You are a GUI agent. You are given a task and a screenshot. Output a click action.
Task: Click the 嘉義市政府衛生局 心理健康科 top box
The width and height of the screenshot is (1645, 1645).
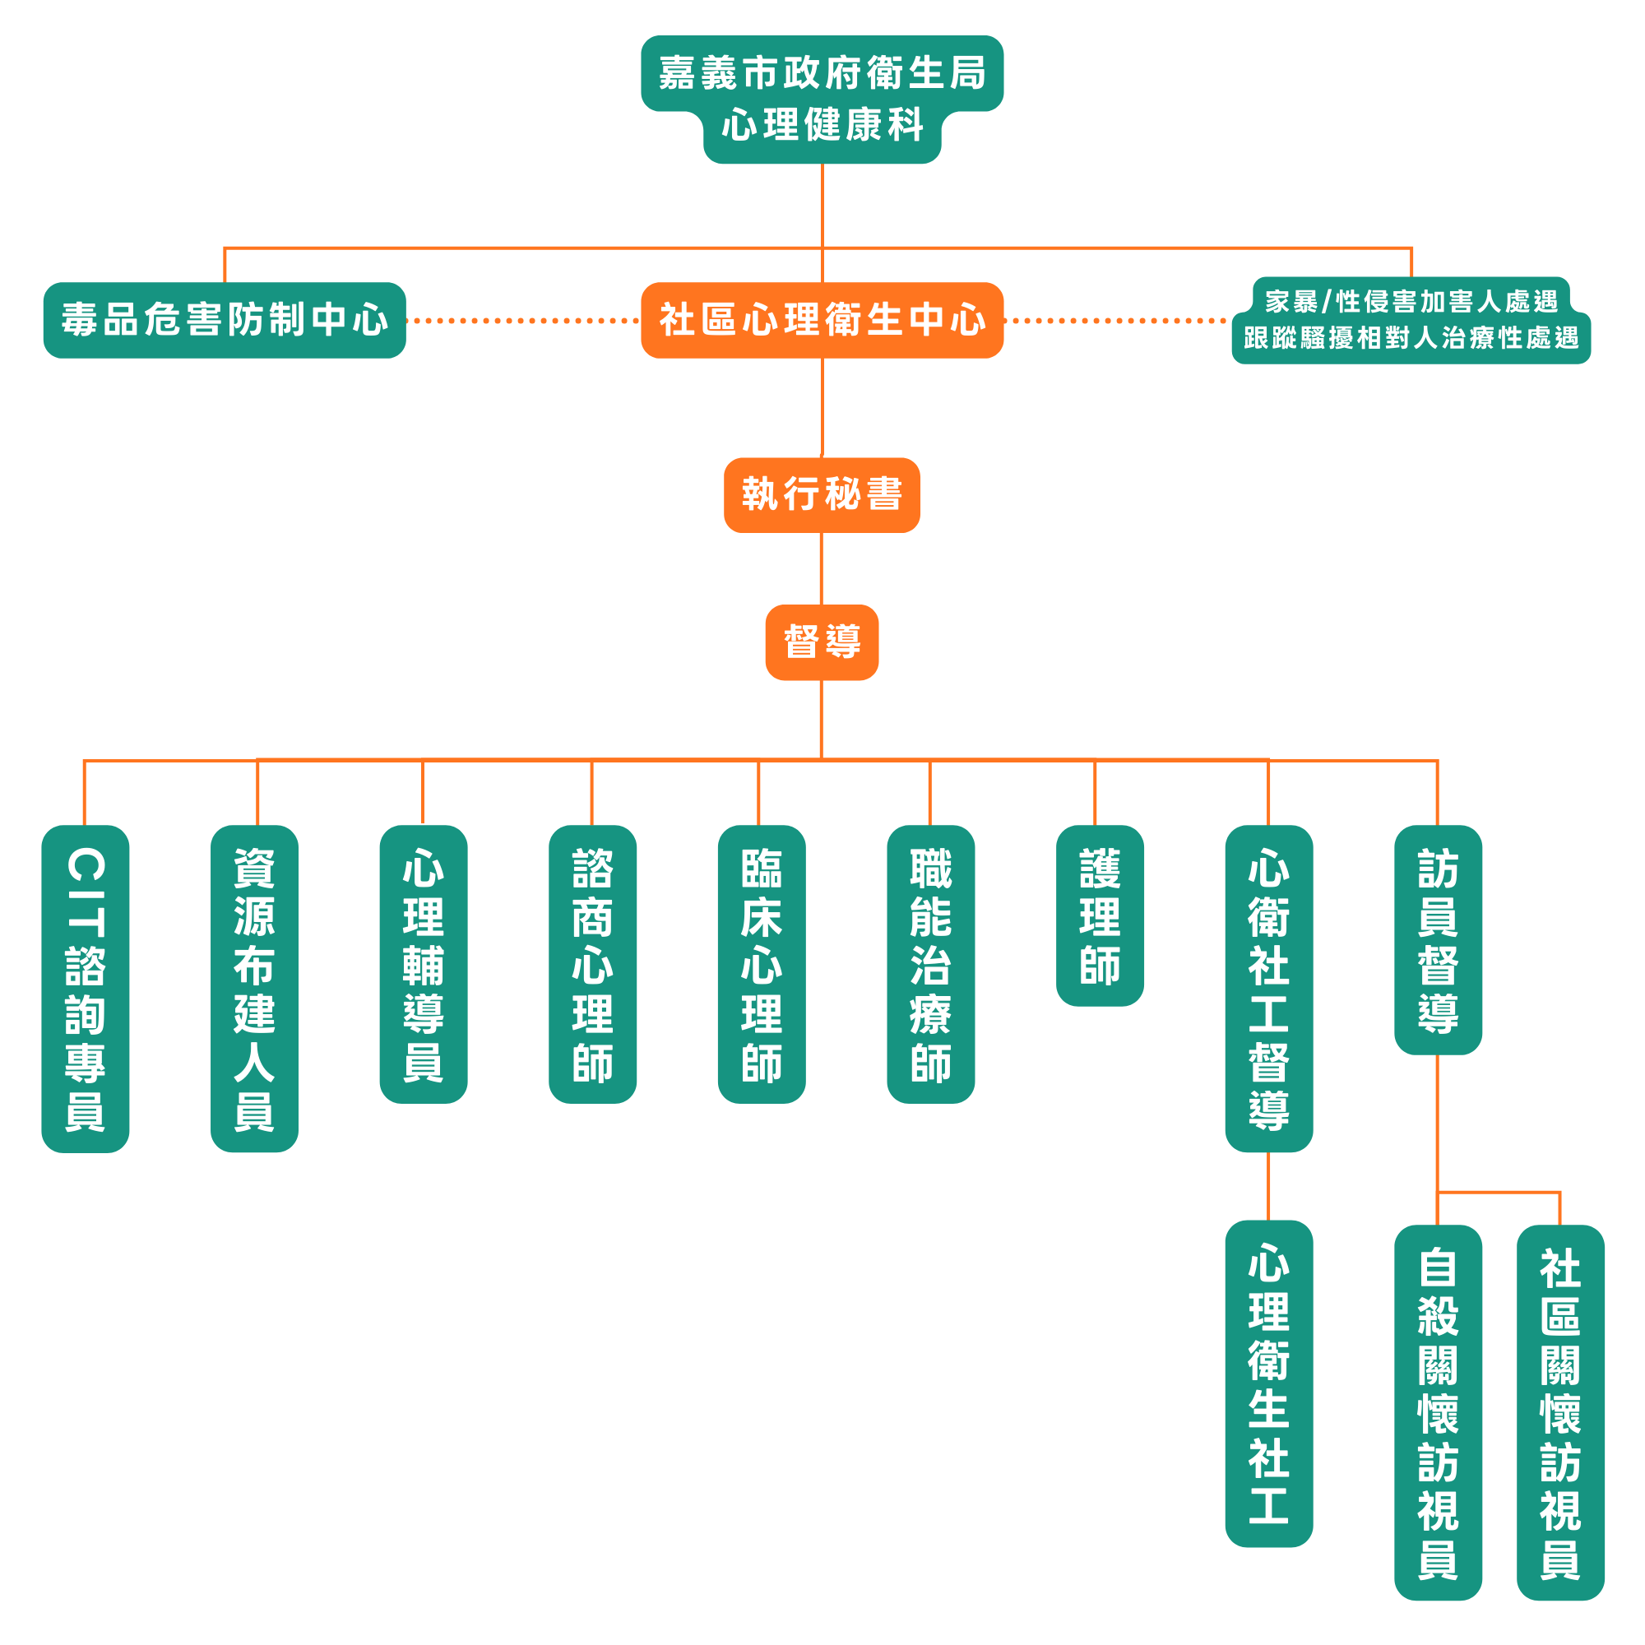click(822, 98)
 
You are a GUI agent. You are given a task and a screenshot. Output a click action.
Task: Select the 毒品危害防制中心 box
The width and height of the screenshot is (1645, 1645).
click(225, 320)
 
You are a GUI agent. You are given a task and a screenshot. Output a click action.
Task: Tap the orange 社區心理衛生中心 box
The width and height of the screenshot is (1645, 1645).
click(822, 320)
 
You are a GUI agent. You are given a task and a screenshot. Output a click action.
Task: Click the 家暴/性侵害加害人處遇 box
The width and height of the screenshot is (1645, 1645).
click(1411, 320)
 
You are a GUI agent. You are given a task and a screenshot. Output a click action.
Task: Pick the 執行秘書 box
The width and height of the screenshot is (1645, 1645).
click(822, 494)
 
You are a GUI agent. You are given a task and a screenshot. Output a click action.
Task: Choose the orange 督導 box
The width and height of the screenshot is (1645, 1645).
click(822, 642)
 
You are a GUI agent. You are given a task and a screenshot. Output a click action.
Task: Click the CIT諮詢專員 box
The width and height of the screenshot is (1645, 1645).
click(86, 988)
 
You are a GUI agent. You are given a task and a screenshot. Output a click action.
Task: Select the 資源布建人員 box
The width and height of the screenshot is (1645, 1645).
click(255, 988)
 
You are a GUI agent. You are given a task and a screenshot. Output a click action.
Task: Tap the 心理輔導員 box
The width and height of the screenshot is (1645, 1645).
click(423, 964)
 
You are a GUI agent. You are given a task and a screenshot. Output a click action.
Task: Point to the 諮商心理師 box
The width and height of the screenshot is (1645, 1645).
click(592, 964)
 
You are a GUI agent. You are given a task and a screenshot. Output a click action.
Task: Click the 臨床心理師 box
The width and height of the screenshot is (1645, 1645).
click(761, 964)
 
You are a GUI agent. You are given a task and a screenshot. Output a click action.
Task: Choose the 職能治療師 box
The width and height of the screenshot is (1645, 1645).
click(930, 964)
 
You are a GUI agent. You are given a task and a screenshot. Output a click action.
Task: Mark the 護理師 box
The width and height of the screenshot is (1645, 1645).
click(1099, 915)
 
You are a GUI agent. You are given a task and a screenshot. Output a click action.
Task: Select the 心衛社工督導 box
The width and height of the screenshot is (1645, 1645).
click(1268, 988)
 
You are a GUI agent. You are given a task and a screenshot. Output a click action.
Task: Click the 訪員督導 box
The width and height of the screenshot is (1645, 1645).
click(1438, 939)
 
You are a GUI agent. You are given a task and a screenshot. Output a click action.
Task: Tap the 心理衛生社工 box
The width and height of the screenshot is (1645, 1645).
click(1268, 1383)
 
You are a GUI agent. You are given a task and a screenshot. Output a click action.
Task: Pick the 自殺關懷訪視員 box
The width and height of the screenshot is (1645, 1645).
click(1438, 1411)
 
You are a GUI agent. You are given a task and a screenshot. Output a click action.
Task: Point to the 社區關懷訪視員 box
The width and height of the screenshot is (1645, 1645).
click(1559, 1411)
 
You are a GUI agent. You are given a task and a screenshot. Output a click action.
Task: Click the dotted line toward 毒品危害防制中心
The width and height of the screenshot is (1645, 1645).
click(523, 321)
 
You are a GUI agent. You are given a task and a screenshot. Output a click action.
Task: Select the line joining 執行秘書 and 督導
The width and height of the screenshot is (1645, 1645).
click(822, 569)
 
